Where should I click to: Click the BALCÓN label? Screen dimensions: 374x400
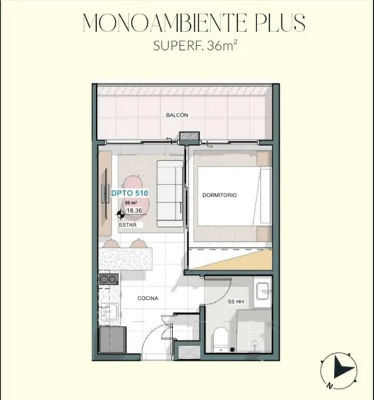click(177, 115)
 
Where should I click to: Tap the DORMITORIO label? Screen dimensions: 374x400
click(219, 195)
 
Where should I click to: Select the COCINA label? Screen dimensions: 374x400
click(148, 298)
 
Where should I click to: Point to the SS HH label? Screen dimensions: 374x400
click(236, 301)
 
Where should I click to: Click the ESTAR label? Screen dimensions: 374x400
click(128, 225)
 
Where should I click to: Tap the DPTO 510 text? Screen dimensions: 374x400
click(130, 193)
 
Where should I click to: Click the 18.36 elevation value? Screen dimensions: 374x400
click(134, 211)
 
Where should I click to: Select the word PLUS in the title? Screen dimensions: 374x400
click(280, 23)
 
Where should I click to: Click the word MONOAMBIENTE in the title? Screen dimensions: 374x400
click(165, 23)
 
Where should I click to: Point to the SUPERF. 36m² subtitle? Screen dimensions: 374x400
click(195, 46)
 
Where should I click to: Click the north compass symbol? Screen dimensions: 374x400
click(338, 370)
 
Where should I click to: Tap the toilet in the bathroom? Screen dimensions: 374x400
click(220, 339)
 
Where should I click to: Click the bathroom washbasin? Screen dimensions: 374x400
click(262, 291)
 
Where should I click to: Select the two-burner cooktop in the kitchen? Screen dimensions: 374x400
click(109, 279)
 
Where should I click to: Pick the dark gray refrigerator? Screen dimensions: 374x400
click(112, 339)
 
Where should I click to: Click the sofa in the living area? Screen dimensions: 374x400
click(170, 193)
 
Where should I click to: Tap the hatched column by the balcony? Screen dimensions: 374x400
click(189, 137)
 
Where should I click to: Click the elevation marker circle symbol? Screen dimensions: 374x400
click(120, 215)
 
